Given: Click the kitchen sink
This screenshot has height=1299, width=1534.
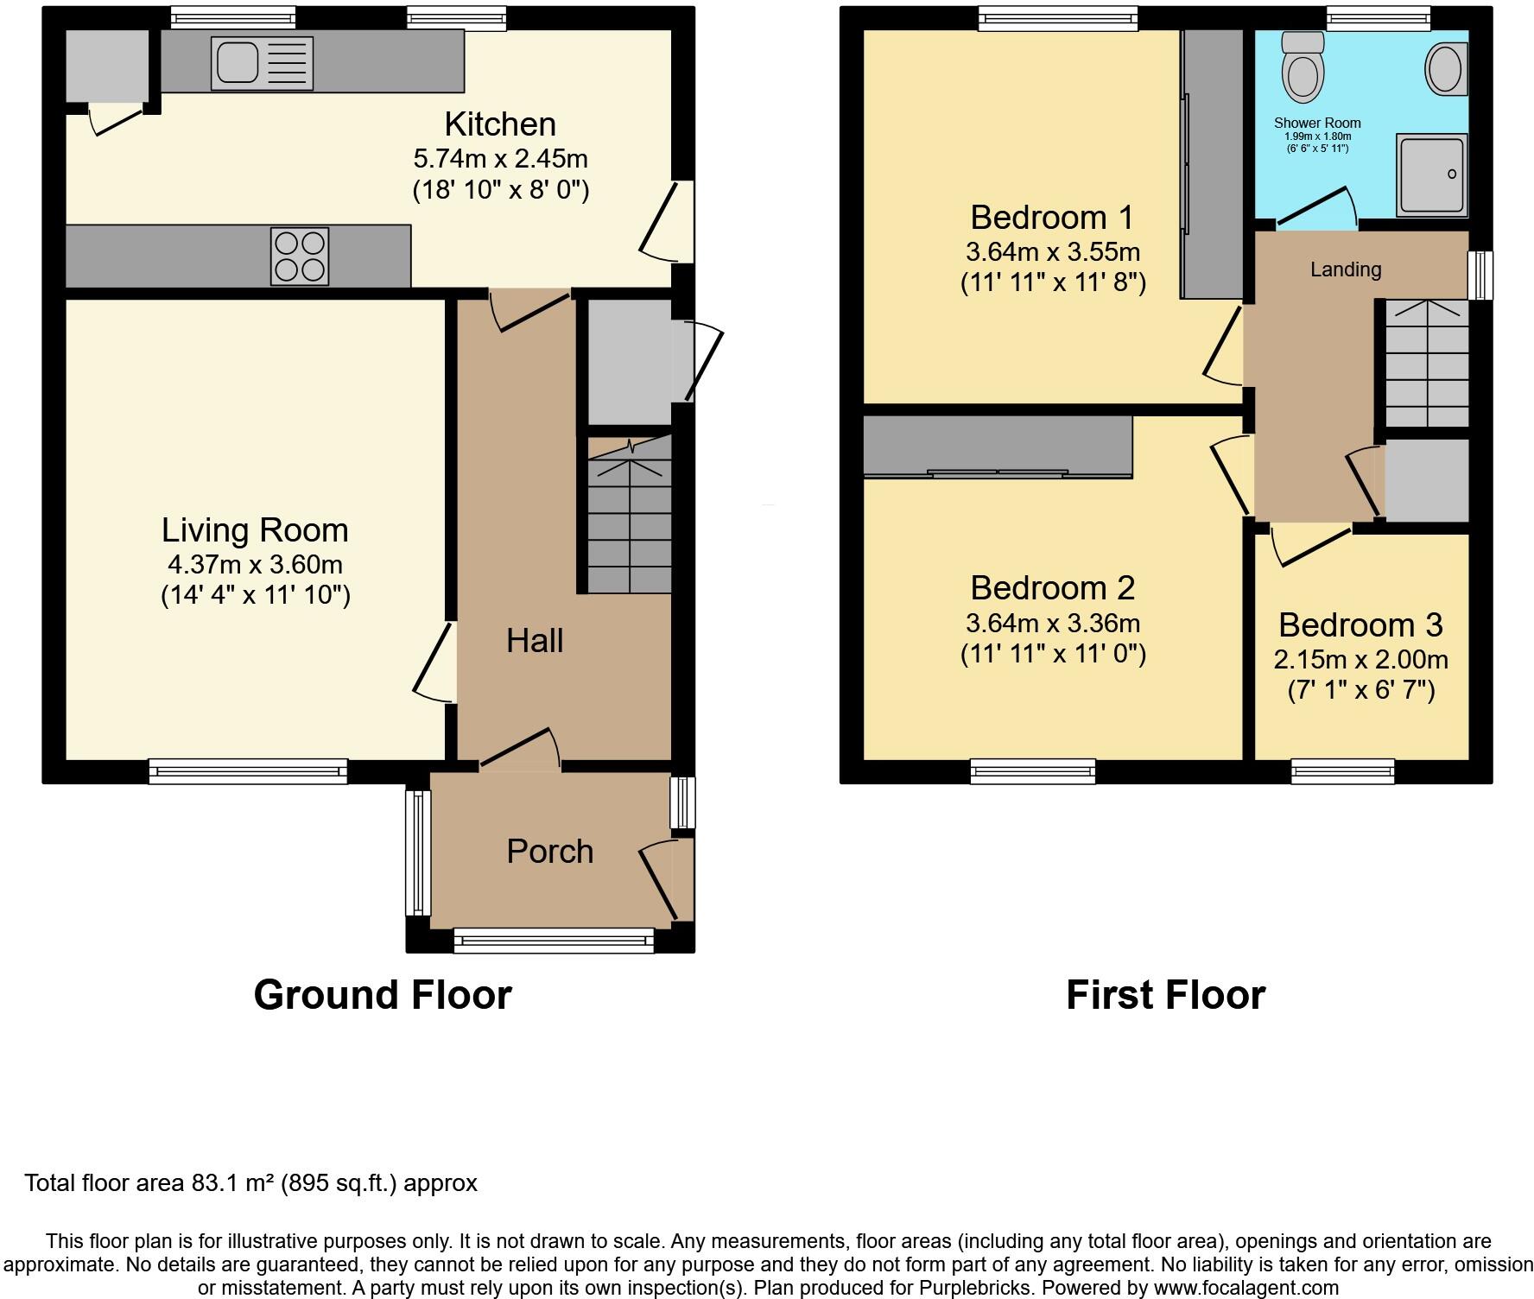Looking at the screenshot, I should (262, 63).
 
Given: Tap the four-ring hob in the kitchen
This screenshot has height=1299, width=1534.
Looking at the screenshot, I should (300, 257).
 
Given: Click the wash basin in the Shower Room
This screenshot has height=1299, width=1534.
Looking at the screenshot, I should (1446, 69).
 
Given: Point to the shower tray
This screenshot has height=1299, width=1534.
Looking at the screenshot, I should (1431, 174).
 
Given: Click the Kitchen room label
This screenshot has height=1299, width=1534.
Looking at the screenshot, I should (500, 124).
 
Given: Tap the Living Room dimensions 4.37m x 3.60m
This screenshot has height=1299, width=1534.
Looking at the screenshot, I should (255, 565).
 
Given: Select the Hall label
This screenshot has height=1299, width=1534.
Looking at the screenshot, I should (535, 641).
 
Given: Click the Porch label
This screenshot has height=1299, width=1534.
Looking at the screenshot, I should (550, 852).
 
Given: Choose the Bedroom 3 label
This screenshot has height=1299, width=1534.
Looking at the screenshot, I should (1360, 624).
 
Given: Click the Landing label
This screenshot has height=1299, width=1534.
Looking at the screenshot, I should (1346, 269).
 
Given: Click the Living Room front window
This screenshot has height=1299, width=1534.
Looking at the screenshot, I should (248, 771).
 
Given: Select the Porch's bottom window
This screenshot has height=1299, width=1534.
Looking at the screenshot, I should (554, 941).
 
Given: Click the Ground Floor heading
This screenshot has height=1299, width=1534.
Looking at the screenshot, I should (383, 995).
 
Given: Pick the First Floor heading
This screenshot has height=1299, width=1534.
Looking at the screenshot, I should (1165, 995).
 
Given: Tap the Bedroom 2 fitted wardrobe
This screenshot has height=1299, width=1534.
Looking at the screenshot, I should (998, 446).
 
